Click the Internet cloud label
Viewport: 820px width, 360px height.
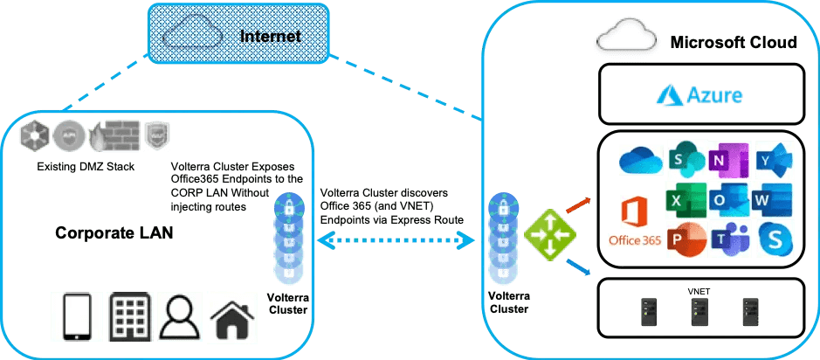point(270,36)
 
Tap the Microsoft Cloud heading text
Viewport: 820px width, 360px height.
point(733,43)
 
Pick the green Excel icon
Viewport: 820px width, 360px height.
point(685,200)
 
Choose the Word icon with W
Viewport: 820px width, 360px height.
point(773,200)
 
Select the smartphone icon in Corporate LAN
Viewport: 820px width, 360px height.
point(77,316)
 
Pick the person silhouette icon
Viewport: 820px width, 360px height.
point(179,315)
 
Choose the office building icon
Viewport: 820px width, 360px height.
point(129,316)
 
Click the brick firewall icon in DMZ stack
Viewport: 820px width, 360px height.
point(110,137)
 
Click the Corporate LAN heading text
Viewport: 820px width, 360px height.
point(113,234)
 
